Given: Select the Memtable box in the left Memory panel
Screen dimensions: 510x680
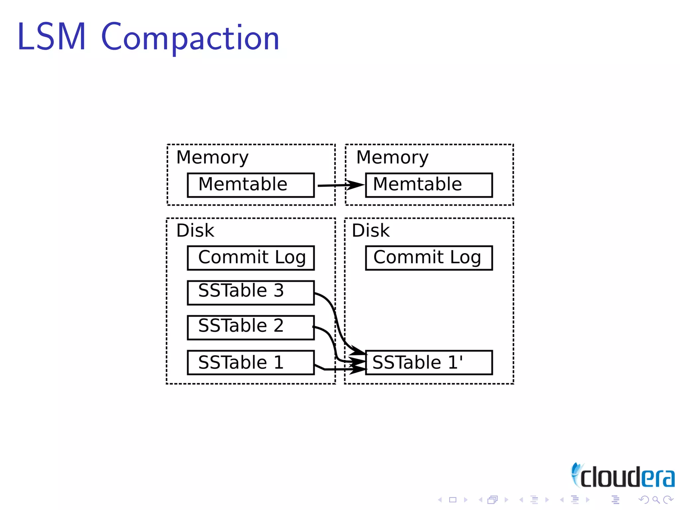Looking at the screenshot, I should pyautogui.click(x=251, y=185).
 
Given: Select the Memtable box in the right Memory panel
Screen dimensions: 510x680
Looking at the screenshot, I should pyautogui.click(x=429, y=185).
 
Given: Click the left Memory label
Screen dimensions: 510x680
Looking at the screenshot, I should pyautogui.click(x=212, y=157).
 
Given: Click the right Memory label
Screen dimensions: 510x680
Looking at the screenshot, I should pyautogui.click(x=392, y=157).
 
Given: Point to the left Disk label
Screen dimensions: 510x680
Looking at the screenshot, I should pyautogui.click(x=195, y=230).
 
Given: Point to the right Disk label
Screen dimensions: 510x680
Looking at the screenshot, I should pyautogui.click(x=371, y=230).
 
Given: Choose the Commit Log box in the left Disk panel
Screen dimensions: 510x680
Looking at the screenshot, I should pyautogui.click(x=251, y=258).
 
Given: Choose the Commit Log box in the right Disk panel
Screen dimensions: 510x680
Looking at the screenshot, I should pyautogui.click(x=429, y=258).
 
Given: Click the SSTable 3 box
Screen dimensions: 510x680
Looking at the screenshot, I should pyautogui.click(x=251, y=293).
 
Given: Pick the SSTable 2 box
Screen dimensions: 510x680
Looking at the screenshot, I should pyautogui.click(x=251, y=327).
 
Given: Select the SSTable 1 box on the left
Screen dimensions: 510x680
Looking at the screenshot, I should pyautogui.click(x=251, y=362).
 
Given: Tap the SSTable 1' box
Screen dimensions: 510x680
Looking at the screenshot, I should pyautogui.click(x=429, y=362).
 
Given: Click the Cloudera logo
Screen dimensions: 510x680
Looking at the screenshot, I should pyautogui.click(x=623, y=476).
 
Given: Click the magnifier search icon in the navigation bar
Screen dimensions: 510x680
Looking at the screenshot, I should pyautogui.click(x=656, y=500).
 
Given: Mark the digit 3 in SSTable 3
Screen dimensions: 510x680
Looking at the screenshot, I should pyautogui.click(x=279, y=291).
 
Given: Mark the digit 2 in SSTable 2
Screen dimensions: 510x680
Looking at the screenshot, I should pyautogui.click(x=279, y=325).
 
